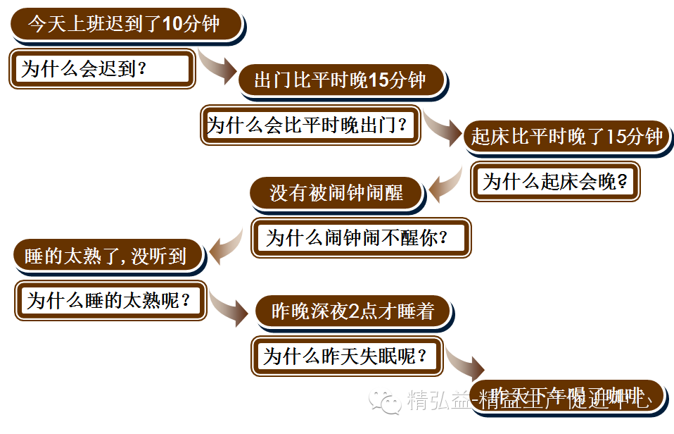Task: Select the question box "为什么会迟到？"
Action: [x=102, y=69]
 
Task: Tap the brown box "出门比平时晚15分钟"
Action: [x=341, y=80]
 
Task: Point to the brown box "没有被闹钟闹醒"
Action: [x=336, y=192]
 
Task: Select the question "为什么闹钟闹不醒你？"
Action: [x=360, y=237]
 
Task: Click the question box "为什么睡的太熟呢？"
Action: [x=109, y=301]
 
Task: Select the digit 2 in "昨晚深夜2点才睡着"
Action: [x=354, y=311]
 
